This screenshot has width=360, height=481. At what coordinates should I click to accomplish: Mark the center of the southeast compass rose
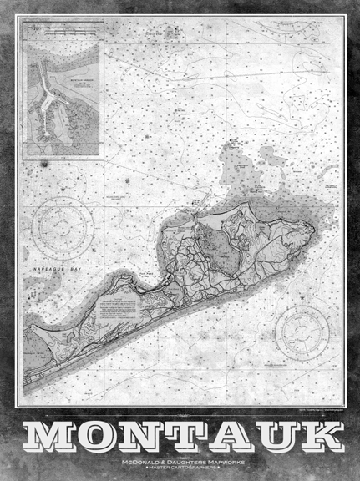click(303, 330)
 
